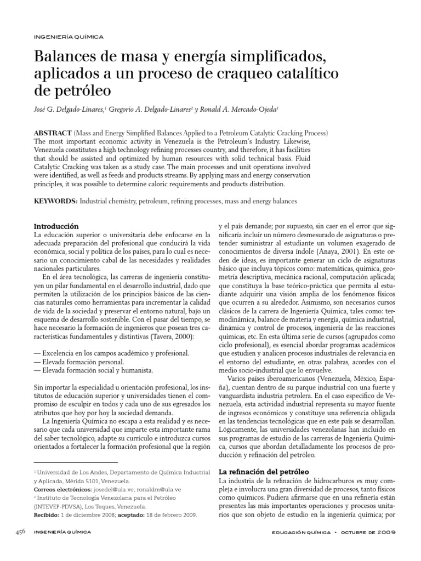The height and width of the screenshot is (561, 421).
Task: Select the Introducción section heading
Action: [x=56, y=226]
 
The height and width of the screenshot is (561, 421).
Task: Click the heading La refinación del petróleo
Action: [x=264, y=471]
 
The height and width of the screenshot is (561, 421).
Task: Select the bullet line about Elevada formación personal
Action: [x=79, y=362]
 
